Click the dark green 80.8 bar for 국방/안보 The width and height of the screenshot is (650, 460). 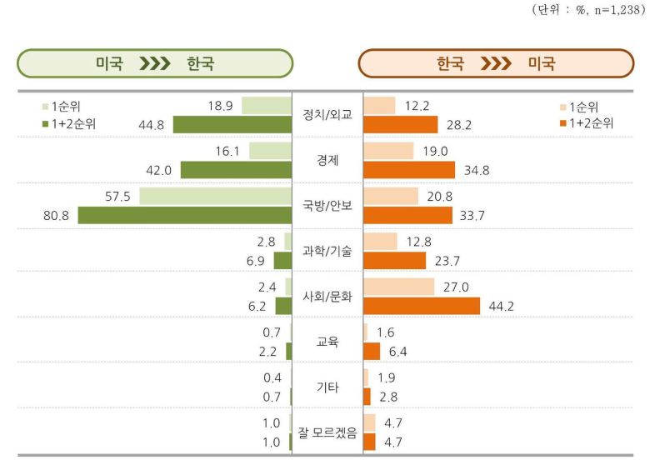[185, 215]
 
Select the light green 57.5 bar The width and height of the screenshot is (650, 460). [216, 196]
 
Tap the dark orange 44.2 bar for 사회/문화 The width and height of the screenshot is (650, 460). [422, 305]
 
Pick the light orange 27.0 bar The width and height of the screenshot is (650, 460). [399, 287]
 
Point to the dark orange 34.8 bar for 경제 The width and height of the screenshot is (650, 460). [409, 170]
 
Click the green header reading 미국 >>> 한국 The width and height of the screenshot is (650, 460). [155, 63]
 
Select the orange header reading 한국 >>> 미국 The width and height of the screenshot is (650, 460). [496, 63]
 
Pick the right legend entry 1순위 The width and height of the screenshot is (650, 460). [580, 107]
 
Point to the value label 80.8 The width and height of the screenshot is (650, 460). [57, 215]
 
